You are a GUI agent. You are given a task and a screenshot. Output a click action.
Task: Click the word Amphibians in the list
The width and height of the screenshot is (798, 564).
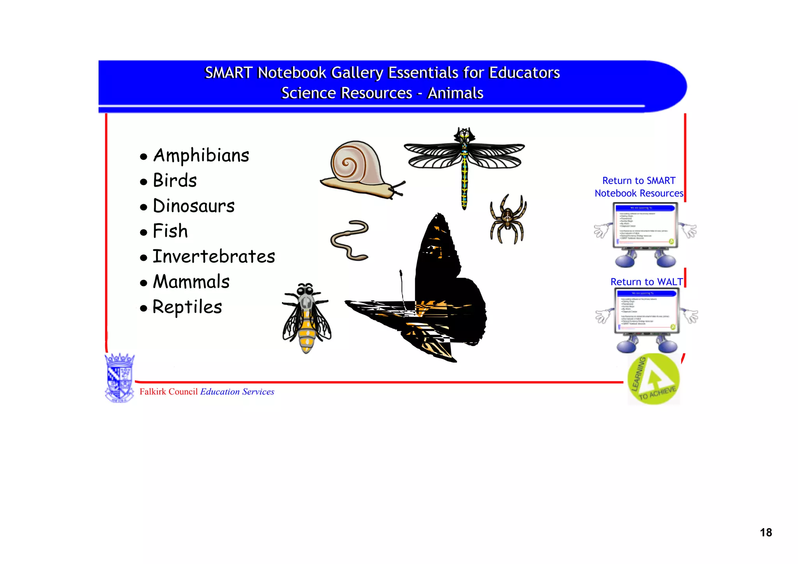(201, 156)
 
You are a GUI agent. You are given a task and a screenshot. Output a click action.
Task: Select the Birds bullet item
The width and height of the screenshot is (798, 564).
(175, 180)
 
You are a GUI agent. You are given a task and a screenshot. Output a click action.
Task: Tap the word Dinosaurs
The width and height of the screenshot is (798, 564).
(194, 206)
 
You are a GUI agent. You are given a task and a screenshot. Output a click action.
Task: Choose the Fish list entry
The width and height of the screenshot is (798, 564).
(170, 231)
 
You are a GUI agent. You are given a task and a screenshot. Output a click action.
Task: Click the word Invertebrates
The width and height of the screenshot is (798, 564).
(214, 256)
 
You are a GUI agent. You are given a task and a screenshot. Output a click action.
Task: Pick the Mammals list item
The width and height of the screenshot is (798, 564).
(191, 282)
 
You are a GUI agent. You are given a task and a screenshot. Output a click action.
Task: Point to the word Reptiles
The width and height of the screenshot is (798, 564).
(187, 307)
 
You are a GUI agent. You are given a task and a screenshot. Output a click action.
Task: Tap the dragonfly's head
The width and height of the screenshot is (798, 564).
(464, 135)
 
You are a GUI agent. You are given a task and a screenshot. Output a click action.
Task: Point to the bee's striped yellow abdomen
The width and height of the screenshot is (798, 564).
(307, 331)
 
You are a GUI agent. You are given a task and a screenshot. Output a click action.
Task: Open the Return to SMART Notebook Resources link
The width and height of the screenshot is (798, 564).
(639, 187)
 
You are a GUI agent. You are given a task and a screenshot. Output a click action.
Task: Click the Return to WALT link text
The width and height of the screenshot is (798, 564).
(646, 282)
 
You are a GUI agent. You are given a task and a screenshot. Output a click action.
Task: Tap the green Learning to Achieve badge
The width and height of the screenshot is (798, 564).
(653, 379)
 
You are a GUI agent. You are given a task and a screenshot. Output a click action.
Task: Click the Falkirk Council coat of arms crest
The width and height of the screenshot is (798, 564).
(120, 377)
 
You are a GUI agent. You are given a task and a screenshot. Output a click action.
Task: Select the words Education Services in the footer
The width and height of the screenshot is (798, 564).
(237, 392)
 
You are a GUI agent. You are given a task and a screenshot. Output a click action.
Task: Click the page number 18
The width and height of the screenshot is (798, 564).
(766, 532)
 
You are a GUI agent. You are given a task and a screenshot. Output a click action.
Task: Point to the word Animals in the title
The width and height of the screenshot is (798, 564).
(455, 93)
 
